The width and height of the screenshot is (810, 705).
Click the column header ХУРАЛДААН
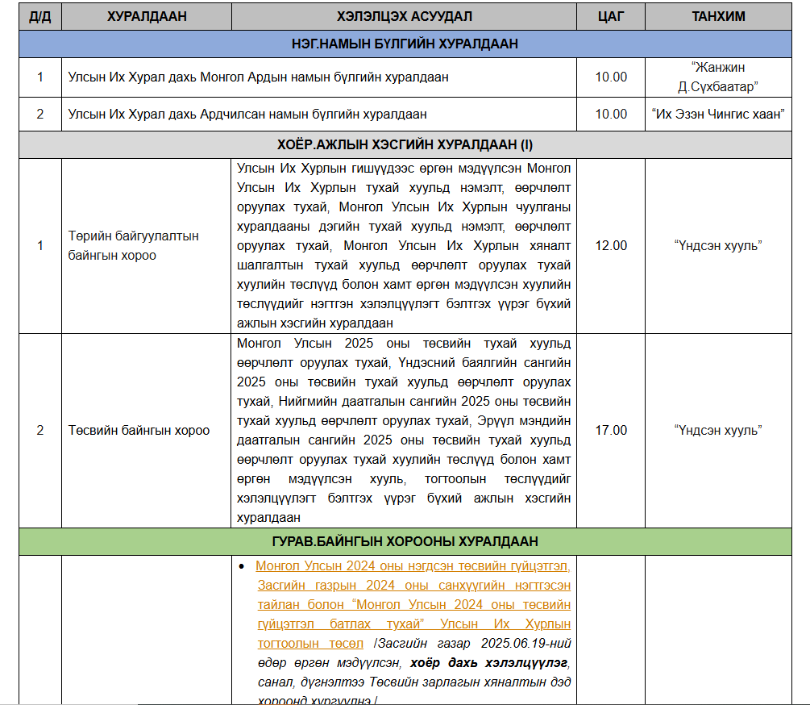pos(147,16)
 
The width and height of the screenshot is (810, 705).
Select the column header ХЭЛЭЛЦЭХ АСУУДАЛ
pos(404,16)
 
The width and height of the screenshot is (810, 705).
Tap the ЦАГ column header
pos(610,16)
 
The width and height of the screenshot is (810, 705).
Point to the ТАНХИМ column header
pos(718,16)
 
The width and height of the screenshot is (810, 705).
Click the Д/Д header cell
pos(39,16)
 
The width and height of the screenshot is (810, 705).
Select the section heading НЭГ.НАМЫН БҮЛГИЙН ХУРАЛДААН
pos(405,44)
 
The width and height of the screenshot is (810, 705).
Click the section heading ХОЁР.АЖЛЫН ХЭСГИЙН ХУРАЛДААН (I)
pos(405,145)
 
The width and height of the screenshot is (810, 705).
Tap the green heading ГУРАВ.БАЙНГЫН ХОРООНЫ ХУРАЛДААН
pos(405,541)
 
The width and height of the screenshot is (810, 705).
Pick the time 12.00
pos(610,246)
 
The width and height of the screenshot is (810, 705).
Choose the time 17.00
pos(610,431)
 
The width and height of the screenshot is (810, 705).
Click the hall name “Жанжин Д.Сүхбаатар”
pos(718,77)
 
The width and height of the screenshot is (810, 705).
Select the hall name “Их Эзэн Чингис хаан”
pos(718,115)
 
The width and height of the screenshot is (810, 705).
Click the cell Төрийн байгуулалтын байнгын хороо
pos(134,246)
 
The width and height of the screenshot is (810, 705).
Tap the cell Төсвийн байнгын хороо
pos(139,431)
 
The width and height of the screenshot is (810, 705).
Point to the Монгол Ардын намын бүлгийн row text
pos(258,77)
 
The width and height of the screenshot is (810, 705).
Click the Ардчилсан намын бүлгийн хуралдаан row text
pos(247,115)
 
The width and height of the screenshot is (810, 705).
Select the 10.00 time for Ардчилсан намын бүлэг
pos(610,115)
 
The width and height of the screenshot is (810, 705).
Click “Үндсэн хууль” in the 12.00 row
pos(718,246)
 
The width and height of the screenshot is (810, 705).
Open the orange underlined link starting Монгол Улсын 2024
pos(413,565)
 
